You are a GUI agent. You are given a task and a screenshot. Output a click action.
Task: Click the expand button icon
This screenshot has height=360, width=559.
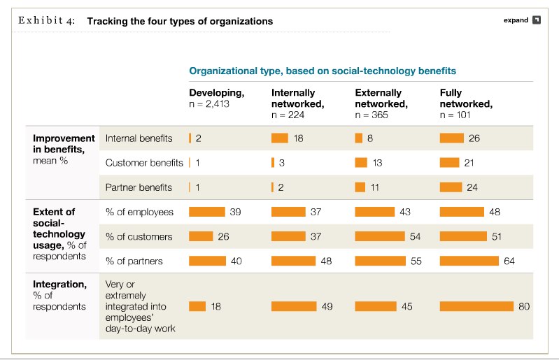(537, 20)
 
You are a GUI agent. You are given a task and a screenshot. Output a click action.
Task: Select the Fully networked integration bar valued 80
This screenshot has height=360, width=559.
(476, 306)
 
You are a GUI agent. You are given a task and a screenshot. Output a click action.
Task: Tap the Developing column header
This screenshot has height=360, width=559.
(217, 98)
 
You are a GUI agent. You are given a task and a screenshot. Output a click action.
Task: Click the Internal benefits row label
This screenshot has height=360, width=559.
(139, 138)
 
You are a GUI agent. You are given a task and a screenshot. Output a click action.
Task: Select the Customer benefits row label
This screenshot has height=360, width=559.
(144, 163)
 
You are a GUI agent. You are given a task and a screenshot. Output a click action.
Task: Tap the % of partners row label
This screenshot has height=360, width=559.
(134, 261)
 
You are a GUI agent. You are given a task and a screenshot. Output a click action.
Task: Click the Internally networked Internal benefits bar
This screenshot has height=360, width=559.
(280, 138)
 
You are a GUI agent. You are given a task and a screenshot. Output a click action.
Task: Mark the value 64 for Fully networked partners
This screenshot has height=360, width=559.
(509, 261)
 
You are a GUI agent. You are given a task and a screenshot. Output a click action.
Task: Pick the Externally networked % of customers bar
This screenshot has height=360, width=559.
(380, 236)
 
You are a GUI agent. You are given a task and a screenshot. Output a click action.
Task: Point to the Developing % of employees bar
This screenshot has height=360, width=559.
(207, 212)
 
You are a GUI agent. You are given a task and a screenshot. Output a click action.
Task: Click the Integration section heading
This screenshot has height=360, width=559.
(60, 285)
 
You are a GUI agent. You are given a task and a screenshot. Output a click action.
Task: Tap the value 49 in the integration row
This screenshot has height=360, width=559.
(327, 306)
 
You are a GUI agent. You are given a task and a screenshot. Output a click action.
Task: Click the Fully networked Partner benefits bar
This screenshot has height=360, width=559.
(451, 187)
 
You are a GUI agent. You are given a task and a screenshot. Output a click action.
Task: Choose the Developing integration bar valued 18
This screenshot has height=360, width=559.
(197, 306)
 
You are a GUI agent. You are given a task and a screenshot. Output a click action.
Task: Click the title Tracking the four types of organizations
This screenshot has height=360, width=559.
(180, 21)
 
